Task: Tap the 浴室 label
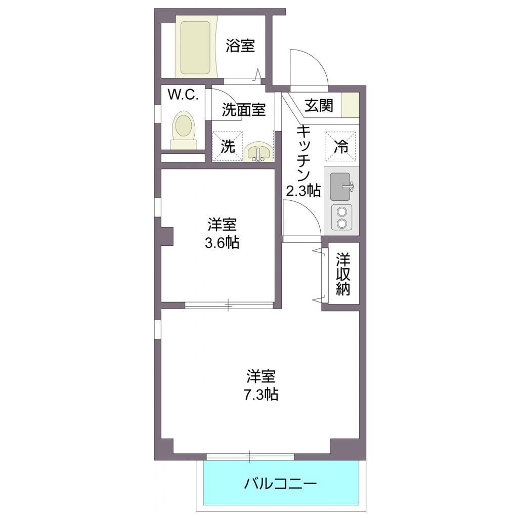click(240, 46)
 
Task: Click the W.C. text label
click(183, 95)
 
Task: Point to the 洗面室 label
click(244, 110)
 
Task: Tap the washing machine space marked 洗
click(227, 147)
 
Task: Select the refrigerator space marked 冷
click(340, 147)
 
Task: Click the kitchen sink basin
click(340, 187)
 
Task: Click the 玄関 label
click(319, 105)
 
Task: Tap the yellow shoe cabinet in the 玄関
click(350, 105)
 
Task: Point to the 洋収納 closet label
click(343, 274)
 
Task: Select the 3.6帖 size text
click(222, 243)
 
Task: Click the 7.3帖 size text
click(261, 395)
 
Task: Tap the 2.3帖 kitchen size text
click(304, 191)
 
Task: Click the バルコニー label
click(280, 484)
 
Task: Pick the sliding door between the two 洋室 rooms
click(229, 305)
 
